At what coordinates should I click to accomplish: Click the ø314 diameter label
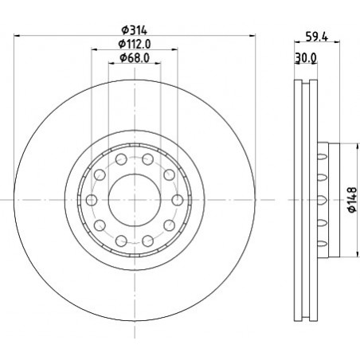click(x=134, y=30)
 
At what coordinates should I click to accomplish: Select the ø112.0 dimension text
click(x=135, y=44)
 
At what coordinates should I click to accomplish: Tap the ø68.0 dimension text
click(x=135, y=57)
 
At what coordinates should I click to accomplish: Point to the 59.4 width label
click(x=317, y=37)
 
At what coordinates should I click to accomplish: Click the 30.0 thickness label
click(x=306, y=58)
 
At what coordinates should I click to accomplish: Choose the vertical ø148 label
click(x=353, y=200)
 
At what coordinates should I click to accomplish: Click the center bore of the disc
click(x=135, y=200)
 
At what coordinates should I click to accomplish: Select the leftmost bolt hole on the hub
click(x=92, y=200)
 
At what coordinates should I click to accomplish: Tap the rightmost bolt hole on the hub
click(x=178, y=200)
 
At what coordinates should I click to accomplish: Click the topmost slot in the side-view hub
click(x=323, y=156)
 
